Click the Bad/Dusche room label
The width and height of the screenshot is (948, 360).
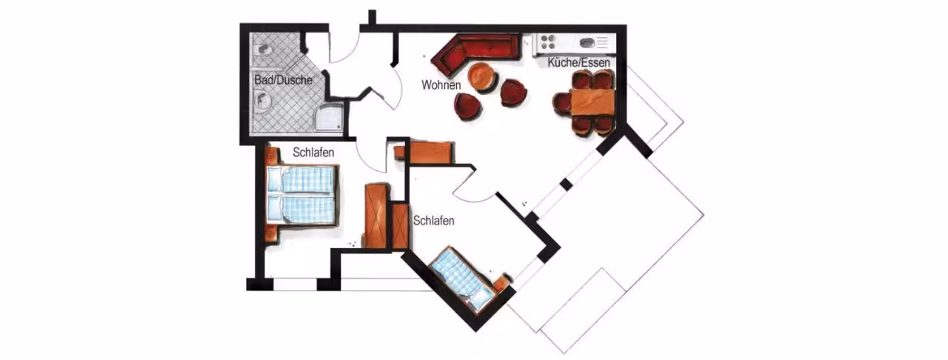(283, 79)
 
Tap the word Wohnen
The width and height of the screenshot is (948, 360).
(441, 84)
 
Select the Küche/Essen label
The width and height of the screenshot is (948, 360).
(578, 63)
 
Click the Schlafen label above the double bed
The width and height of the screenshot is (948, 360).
(313, 153)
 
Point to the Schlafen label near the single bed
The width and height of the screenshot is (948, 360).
(433, 220)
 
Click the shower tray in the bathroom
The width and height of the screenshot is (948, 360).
(328, 116)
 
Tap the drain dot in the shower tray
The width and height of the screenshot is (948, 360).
(338, 126)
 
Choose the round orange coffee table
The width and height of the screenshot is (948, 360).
(482, 77)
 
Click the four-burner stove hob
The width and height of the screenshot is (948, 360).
(547, 42)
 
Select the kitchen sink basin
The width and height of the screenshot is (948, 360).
(588, 42)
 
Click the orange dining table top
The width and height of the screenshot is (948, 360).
(591, 101)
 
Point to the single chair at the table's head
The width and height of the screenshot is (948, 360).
(561, 104)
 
